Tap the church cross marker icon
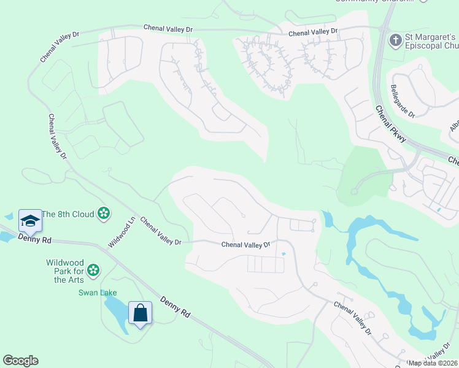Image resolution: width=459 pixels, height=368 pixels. [x=396, y=40]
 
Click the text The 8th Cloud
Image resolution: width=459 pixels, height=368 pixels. [x=69, y=214]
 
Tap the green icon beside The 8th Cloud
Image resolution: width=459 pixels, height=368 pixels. [x=104, y=213]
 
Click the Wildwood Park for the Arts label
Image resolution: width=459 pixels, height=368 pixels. [x=65, y=271]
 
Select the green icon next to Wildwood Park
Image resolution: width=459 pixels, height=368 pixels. [x=93, y=269]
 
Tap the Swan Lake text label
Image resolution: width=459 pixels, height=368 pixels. [x=97, y=293]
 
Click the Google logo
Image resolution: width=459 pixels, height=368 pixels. [x=20, y=361]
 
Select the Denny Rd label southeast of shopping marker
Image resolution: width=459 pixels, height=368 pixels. [x=175, y=307]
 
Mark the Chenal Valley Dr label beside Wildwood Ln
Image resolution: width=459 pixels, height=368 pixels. [x=160, y=231]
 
